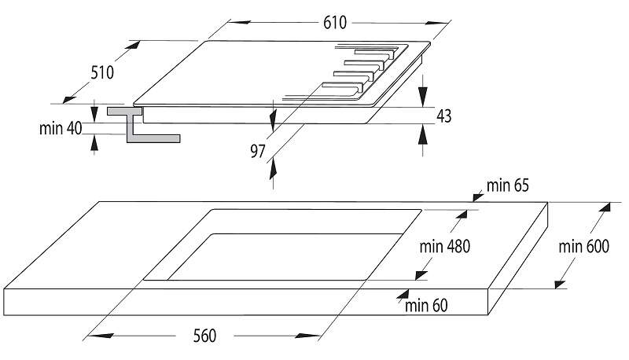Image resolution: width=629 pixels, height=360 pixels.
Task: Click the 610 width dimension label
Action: [x=334, y=23]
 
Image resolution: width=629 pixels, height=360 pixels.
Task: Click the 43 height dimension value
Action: [x=443, y=116]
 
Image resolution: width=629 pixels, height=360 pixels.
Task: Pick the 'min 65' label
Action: [x=508, y=186]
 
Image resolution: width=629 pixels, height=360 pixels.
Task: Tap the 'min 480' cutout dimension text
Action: [x=444, y=246]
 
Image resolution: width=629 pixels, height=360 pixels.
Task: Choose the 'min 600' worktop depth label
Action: [x=584, y=246]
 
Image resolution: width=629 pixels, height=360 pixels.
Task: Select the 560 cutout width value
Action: [x=203, y=336]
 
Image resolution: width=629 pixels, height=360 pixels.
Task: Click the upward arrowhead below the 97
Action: [x=273, y=167]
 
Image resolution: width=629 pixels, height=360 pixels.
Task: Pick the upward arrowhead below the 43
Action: [x=423, y=134]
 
